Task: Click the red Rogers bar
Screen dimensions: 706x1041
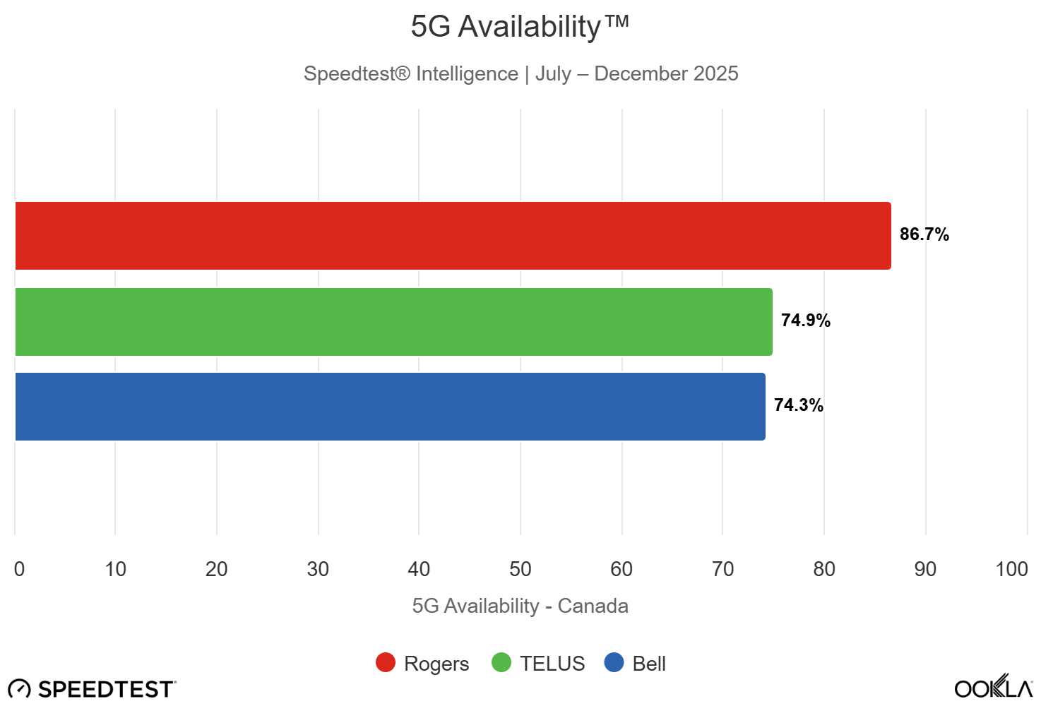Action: pyautogui.click(x=452, y=236)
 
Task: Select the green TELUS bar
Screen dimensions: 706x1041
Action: pyautogui.click(x=393, y=322)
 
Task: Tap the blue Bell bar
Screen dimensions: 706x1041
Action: pyautogui.click(x=390, y=407)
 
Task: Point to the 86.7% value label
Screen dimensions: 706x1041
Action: pyautogui.click(x=924, y=234)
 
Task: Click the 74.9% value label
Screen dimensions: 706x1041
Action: pyautogui.click(x=805, y=321)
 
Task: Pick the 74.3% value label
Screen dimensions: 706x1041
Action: pyautogui.click(x=798, y=405)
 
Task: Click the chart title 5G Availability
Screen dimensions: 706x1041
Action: pyautogui.click(x=520, y=27)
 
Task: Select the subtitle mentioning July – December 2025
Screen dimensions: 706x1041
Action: pyautogui.click(x=520, y=73)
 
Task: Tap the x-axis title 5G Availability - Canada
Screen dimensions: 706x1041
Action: pyautogui.click(x=520, y=606)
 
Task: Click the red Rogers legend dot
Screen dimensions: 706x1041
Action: pyautogui.click(x=386, y=663)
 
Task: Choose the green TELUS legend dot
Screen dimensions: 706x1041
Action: pyautogui.click(x=501, y=663)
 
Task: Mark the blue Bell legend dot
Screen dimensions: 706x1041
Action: pyautogui.click(x=614, y=663)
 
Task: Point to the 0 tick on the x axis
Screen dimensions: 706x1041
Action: pyautogui.click(x=19, y=569)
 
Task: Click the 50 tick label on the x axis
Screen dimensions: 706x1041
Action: pyautogui.click(x=520, y=569)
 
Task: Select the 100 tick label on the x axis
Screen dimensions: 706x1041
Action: pyautogui.click(x=1011, y=569)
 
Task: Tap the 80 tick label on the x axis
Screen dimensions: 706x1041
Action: pyautogui.click(x=824, y=569)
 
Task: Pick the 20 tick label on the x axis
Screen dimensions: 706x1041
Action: pyautogui.click(x=217, y=569)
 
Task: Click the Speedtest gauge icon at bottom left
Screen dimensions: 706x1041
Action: pyautogui.click(x=19, y=689)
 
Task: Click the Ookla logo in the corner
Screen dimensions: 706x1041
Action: pyautogui.click(x=994, y=687)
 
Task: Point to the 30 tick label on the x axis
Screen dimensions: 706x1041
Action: pyautogui.click(x=318, y=569)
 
